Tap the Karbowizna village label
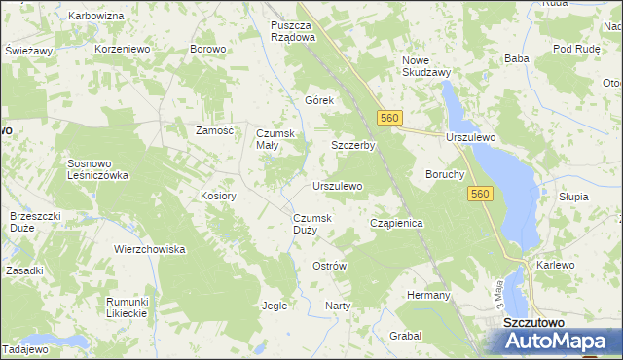(x=96, y=17)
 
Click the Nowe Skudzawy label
(x=425, y=66)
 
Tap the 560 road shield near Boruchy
(x=479, y=195)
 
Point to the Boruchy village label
(x=445, y=175)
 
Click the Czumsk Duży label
(x=311, y=224)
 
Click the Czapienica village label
(x=396, y=223)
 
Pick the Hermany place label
(x=428, y=295)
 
